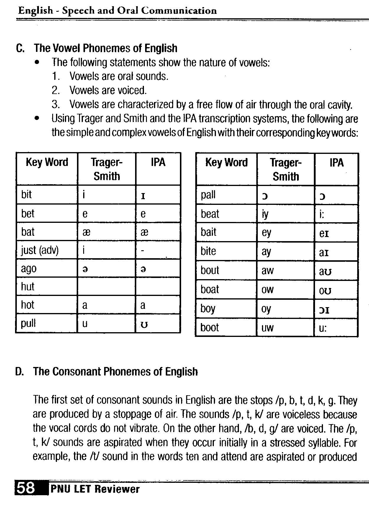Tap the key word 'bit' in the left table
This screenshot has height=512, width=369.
(27, 195)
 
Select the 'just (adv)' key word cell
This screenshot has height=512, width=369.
(40, 250)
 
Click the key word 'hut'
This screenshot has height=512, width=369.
(28, 287)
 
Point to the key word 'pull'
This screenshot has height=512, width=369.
(28, 323)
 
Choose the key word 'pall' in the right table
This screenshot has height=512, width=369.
(208, 195)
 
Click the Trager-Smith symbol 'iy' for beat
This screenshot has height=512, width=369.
(265, 214)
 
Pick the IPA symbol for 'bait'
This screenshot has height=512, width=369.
(324, 233)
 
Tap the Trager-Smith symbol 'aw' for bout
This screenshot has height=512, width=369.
(268, 271)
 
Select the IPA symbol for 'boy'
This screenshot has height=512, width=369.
(324, 309)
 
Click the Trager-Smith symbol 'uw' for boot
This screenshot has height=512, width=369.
(268, 328)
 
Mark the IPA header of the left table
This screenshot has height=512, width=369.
(158, 162)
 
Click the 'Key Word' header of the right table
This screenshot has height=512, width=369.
(227, 163)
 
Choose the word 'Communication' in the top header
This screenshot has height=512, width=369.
(179, 11)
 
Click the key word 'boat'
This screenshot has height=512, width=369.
(210, 289)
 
